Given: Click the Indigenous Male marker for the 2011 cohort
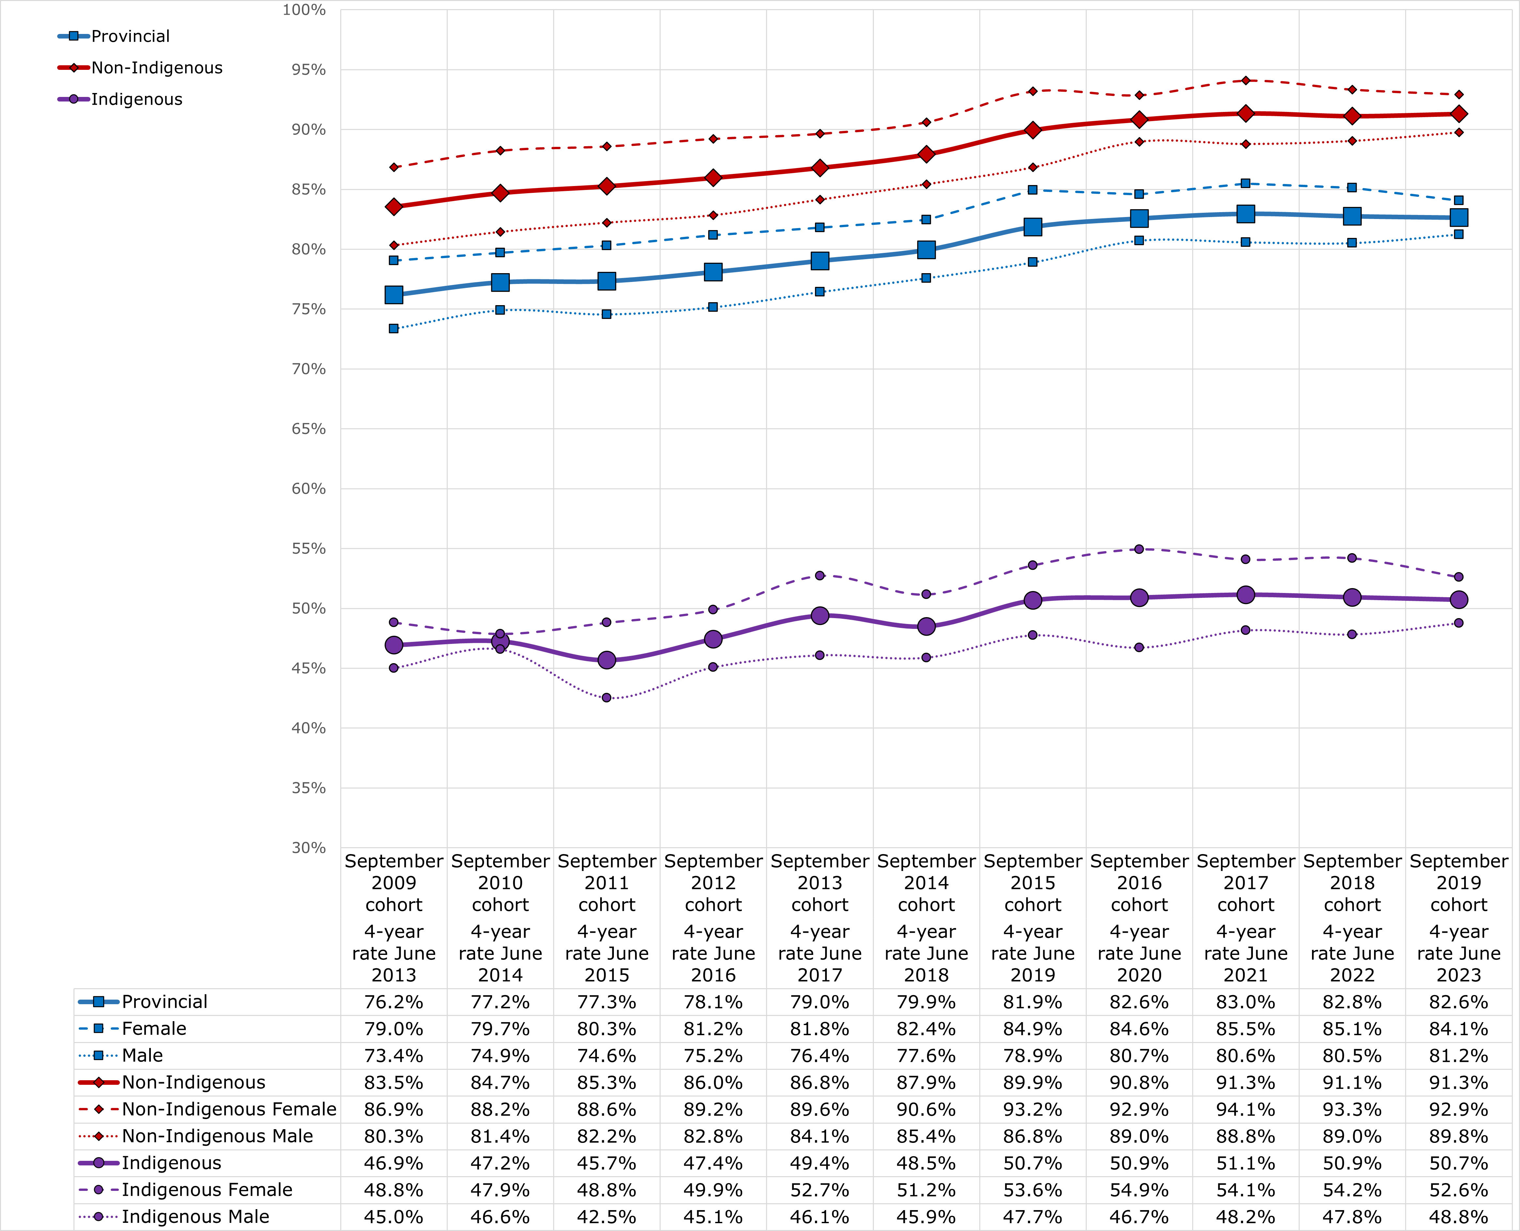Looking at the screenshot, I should click(606, 698).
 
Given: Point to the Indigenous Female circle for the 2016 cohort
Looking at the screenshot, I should click(1139, 549).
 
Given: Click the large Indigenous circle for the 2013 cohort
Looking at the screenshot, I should click(820, 615).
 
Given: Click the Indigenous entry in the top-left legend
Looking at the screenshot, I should click(136, 99).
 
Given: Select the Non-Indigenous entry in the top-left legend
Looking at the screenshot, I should click(156, 68).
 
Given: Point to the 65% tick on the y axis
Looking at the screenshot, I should click(309, 429).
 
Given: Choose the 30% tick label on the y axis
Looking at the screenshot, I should click(309, 848).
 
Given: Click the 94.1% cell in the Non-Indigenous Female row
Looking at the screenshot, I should click(1245, 1110).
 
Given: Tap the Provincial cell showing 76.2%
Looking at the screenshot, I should click(394, 1002).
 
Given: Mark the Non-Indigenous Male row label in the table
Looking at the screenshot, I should click(217, 1137).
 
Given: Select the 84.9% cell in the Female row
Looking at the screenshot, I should click(1033, 1029).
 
